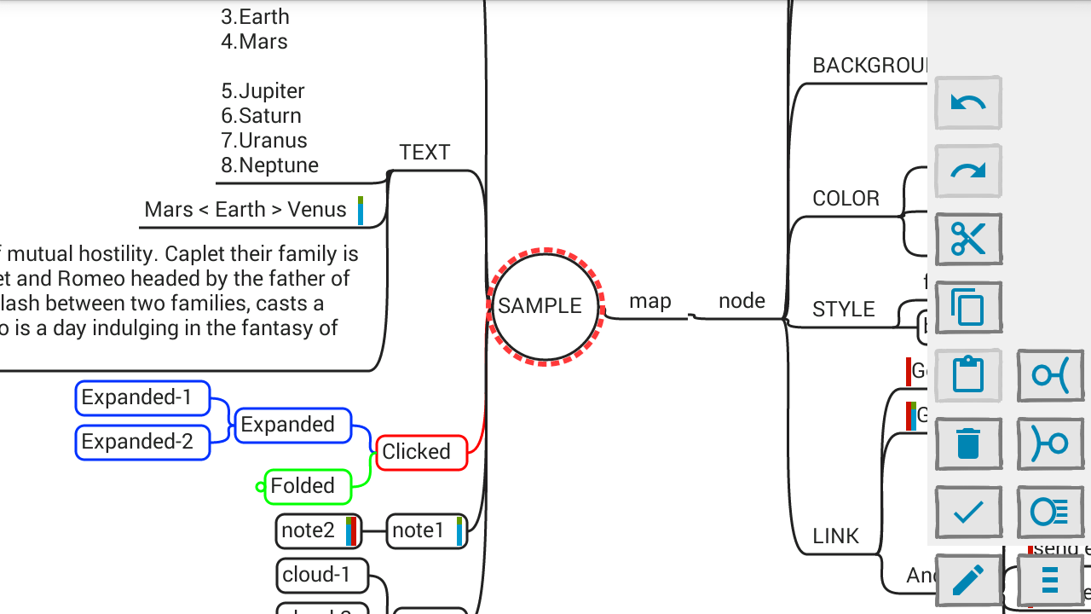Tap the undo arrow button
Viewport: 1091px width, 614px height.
pyautogui.click(x=967, y=103)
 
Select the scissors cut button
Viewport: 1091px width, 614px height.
pyautogui.click(x=967, y=240)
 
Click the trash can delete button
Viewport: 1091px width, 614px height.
pyautogui.click(x=967, y=443)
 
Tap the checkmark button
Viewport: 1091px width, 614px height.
pyautogui.click(x=967, y=512)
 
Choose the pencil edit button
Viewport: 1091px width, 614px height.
pyautogui.click(x=967, y=581)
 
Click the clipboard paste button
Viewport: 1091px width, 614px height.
pyautogui.click(x=967, y=375)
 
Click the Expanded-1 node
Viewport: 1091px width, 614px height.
pyautogui.click(x=142, y=397)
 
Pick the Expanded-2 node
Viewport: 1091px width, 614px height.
pyautogui.click(x=142, y=442)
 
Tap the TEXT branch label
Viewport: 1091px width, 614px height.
pyautogui.click(x=424, y=153)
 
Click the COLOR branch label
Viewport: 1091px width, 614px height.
pyautogui.click(x=846, y=199)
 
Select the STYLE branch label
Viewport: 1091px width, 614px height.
pyautogui.click(x=843, y=310)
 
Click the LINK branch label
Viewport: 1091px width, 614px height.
pyautogui.click(x=835, y=536)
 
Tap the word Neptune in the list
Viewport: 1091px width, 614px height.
pyautogui.click(x=279, y=165)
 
